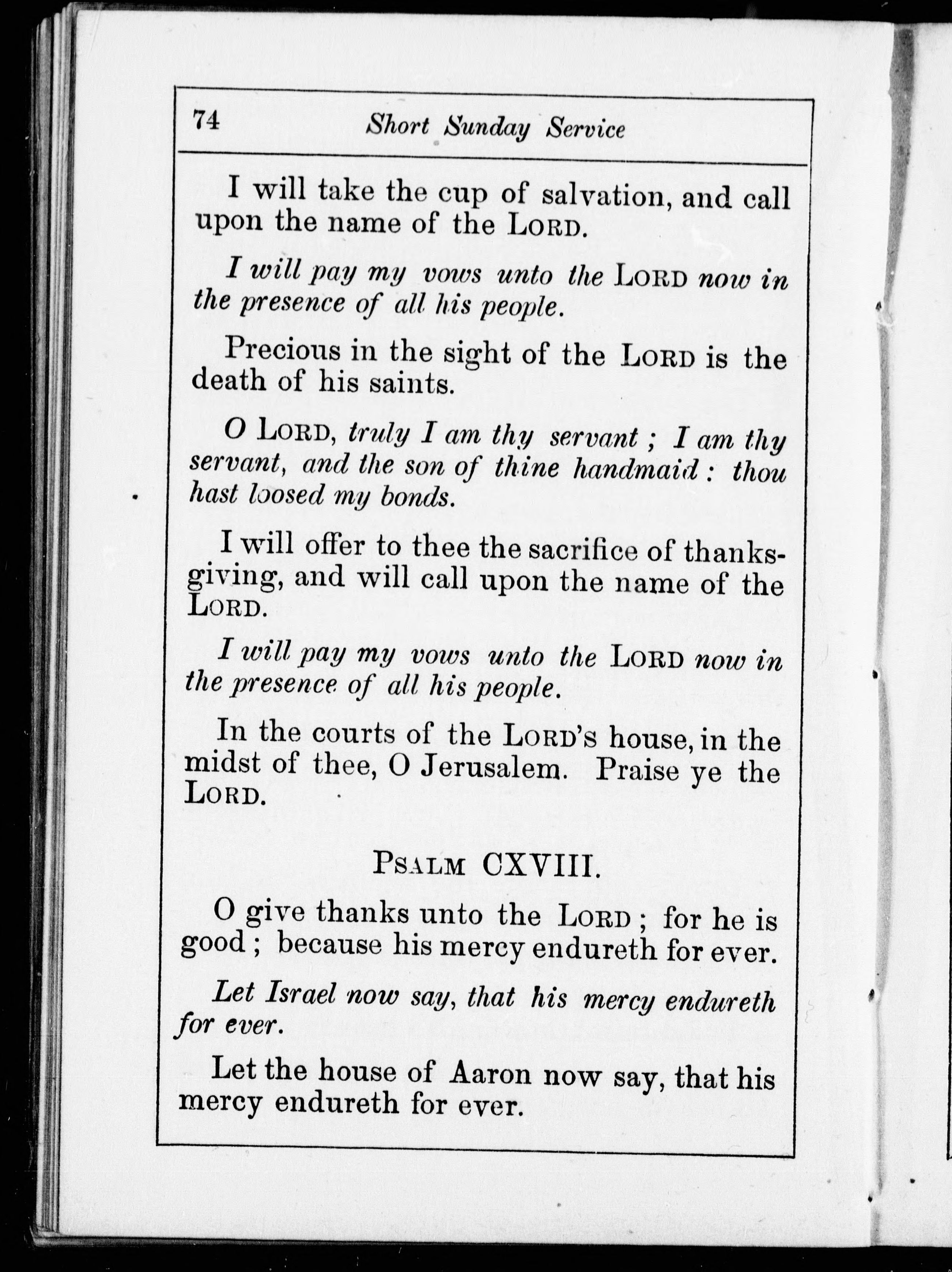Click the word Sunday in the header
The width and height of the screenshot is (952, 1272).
coord(487,128)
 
